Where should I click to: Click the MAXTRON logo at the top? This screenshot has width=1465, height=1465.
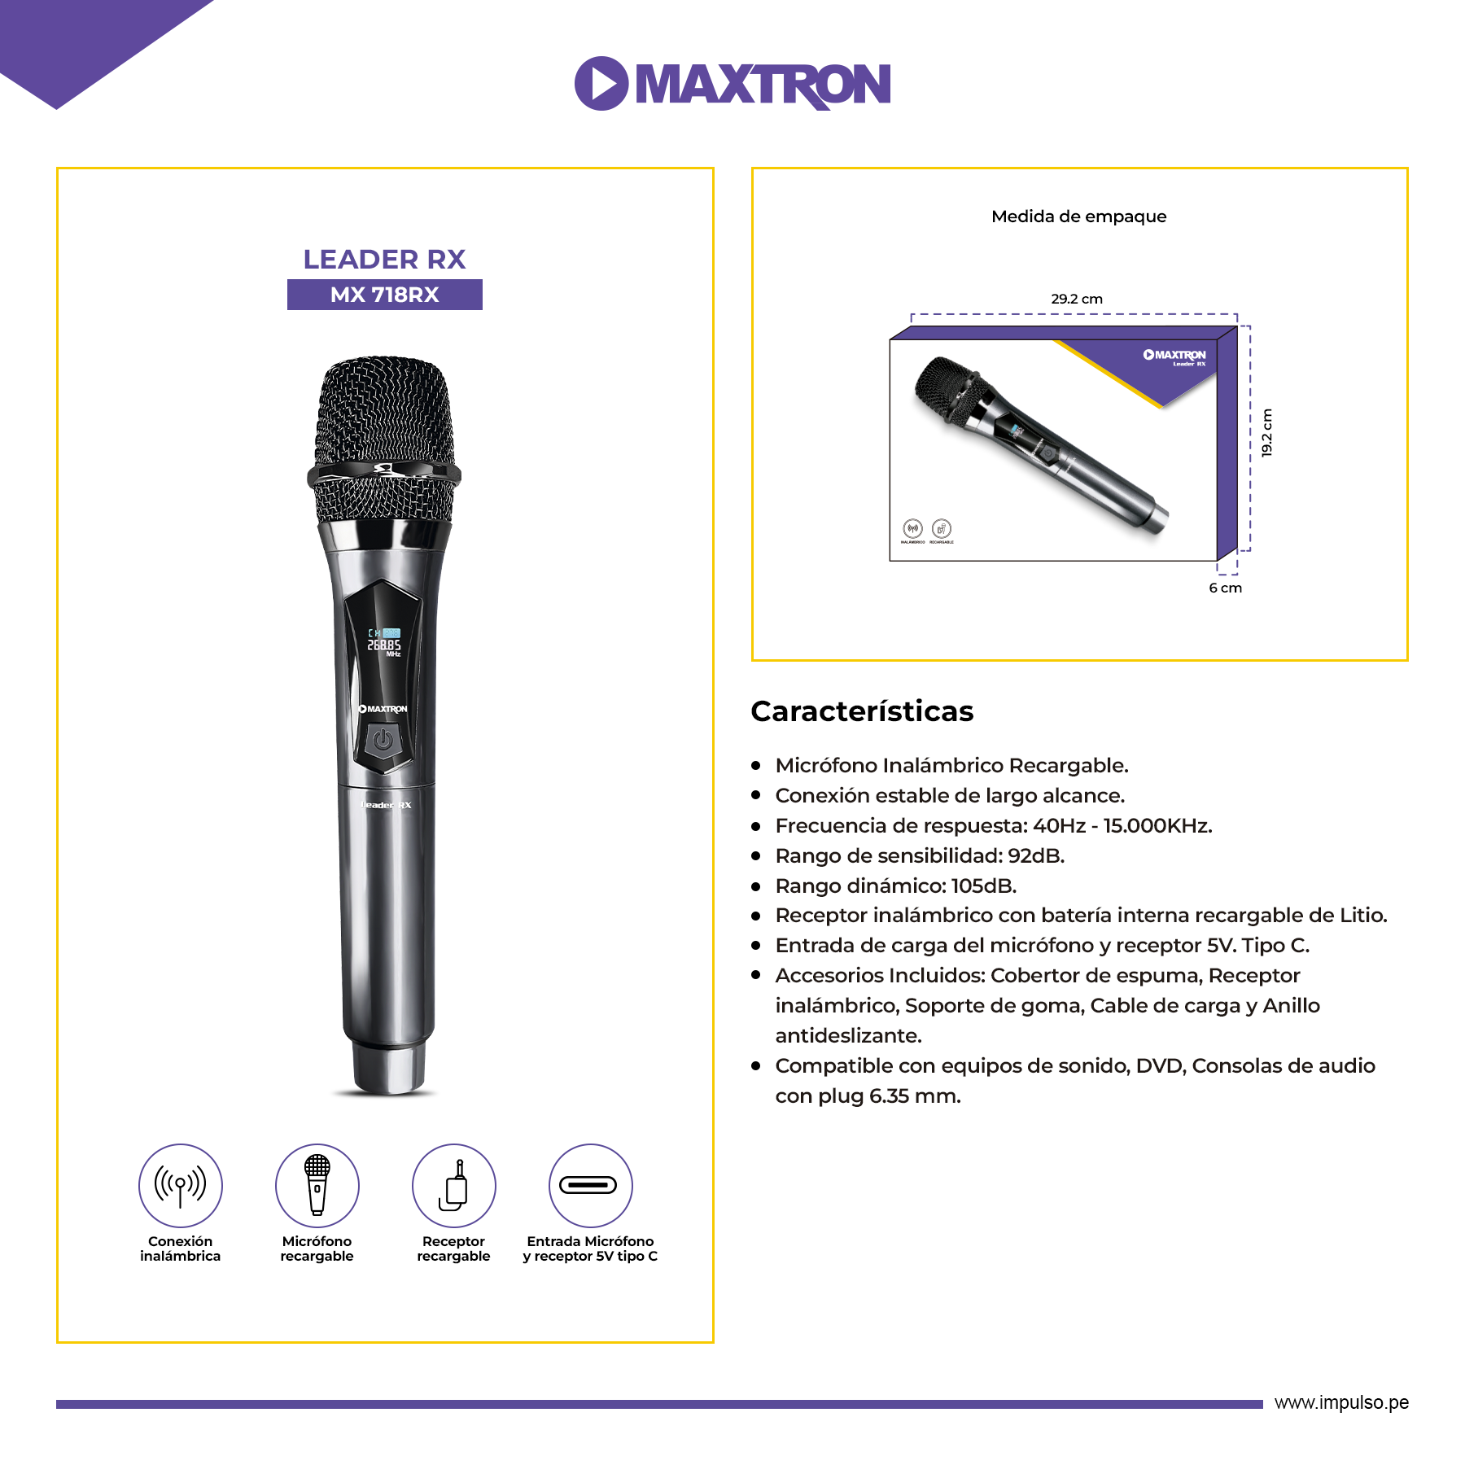click(x=732, y=83)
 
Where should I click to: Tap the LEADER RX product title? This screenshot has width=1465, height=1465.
click(x=384, y=260)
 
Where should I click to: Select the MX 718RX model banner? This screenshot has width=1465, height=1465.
click(x=384, y=295)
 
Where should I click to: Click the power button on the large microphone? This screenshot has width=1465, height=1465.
click(x=383, y=741)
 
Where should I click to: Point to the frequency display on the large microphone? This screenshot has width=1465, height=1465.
click(x=384, y=643)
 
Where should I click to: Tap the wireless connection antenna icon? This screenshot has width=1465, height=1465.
click(x=181, y=1185)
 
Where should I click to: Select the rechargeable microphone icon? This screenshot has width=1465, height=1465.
click(x=317, y=1185)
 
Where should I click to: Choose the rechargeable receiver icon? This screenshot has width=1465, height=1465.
click(x=454, y=1185)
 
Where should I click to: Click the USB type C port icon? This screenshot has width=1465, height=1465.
click(x=590, y=1185)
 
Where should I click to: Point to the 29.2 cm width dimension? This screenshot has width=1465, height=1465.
click(x=1076, y=299)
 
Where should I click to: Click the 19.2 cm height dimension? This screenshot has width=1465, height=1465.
click(x=1267, y=432)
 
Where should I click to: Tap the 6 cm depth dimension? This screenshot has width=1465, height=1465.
click(x=1225, y=588)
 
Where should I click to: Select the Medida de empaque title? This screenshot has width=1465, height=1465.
click(x=1078, y=216)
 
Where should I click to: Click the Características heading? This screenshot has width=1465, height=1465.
click(x=862, y=711)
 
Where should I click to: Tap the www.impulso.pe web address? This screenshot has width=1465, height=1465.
click(x=1341, y=1402)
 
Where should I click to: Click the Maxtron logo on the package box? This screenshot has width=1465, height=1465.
click(x=1174, y=356)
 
